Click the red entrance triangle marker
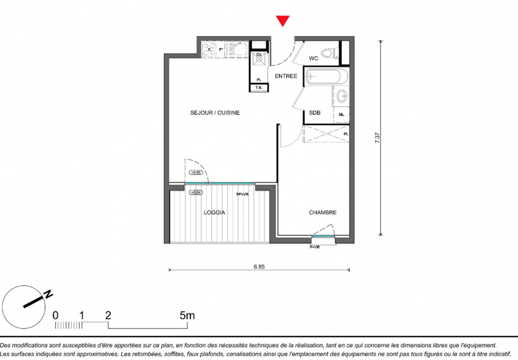[283, 21]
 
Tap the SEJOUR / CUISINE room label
[215, 113]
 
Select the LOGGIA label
[214, 212]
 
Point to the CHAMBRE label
[323, 212]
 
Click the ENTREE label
[286, 76]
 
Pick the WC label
[314, 58]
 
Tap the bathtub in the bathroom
[327, 76]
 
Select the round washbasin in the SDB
[342, 96]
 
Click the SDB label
[315, 113]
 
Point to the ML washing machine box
[341, 115]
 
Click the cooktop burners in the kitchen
[209, 49]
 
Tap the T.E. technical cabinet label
[259, 87]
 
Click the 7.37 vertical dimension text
[377, 138]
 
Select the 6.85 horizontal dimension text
[259, 267]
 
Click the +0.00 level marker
[196, 172]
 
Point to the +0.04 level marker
[196, 192]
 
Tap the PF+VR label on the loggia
[243, 194]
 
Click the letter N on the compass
[49, 293]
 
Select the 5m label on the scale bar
[187, 315]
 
